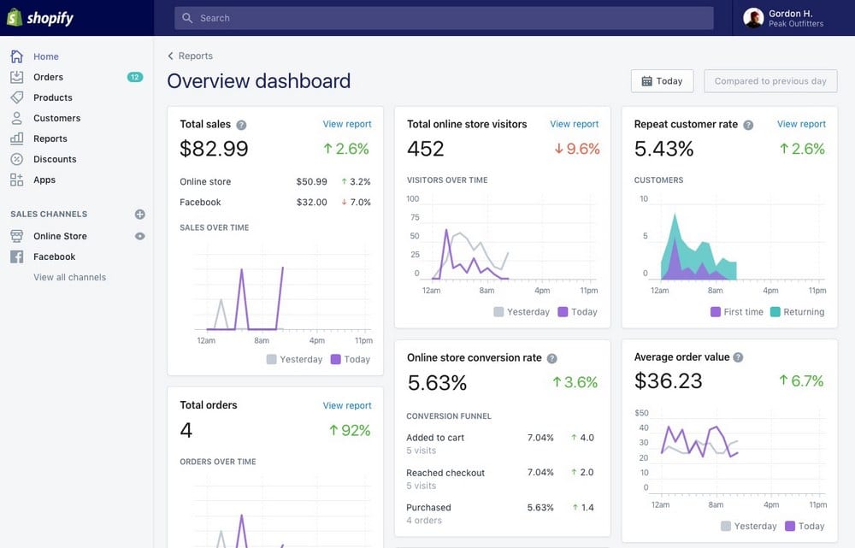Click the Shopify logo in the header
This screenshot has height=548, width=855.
40,17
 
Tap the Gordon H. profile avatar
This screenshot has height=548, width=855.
753,18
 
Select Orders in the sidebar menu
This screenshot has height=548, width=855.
48,77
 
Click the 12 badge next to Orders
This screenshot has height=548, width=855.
134,77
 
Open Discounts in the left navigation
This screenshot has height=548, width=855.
55,159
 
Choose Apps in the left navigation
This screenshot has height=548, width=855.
44,180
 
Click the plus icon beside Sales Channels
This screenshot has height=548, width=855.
140,215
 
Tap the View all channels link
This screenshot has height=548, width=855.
69,277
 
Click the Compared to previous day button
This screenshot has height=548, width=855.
770,81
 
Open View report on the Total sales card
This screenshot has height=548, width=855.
347,124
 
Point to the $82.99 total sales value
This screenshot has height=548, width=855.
214,149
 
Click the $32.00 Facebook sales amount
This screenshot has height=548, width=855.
311,203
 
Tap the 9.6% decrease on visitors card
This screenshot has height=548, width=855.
577,149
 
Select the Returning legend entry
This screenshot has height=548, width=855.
797,312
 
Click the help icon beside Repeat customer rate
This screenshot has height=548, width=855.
748,125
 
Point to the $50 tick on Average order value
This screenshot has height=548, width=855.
641,413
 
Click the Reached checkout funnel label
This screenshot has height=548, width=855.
445,473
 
